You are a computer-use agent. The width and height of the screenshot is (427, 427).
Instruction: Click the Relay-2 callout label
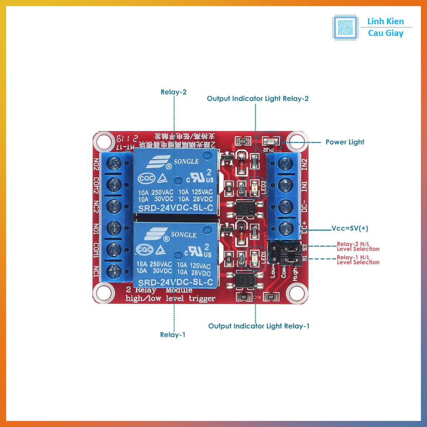pyautogui.click(x=173, y=92)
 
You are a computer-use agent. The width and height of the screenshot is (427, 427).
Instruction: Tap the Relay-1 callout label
pyautogui.click(x=173, y=334)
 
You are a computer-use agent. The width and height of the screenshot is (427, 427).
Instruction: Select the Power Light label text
pyautogui.click(x=345, y=142)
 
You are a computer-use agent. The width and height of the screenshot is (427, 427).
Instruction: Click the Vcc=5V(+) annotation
pyautogui.click(x=350, y=229)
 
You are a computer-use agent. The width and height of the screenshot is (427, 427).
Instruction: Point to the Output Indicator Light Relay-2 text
pyautogui.click(x=258, y=99)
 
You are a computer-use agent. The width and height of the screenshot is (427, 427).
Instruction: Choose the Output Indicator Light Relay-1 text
pyautogui.click(x=259, y=326)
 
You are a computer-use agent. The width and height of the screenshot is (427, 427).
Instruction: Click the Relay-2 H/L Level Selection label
pyautogui.click(x=358, y=246)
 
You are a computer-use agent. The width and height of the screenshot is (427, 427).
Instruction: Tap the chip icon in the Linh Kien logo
pyautogui.click(x=345, y=28)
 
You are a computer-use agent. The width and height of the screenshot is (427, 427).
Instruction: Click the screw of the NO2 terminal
pyautogui.click(x=113, y=163)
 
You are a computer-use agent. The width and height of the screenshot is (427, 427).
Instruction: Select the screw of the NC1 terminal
pyautogui.click(x=113, y=271)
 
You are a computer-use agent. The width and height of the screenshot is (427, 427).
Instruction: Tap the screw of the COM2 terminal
pyautogui.click(x=113, y=184)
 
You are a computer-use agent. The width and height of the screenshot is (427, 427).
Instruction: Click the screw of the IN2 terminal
pyautogui.click(x=285, y=163)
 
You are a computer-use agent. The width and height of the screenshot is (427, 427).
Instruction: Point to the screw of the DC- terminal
pyautogui.click(x=285, y=206)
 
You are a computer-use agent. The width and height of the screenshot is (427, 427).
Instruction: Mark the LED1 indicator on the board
pyautogui.click(x=254, y=259)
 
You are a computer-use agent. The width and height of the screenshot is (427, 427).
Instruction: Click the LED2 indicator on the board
pyautogui.click(x=254, y=188)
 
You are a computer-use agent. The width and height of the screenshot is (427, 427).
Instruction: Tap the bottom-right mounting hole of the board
pyautogui.click(x=297, y=293)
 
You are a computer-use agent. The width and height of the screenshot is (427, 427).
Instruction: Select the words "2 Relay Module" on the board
pyautogui.click(x=159, y=291)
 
